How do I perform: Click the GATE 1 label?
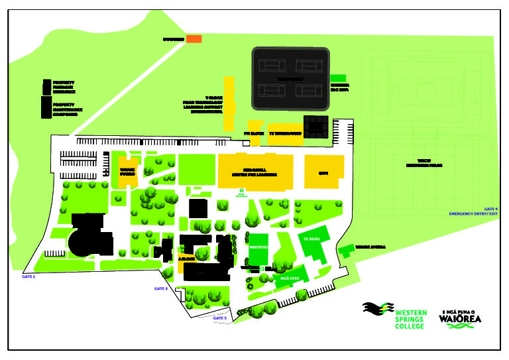(x=28, y=276)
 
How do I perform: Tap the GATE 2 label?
(x=161, y=288)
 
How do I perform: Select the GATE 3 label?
(x=220, y=318)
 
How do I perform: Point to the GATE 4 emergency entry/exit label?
(x=473, y=211)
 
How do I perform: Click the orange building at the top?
(x=194, y=39)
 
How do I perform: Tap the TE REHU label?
(x=311, y=238)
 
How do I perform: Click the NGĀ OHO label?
(x=290, y=279)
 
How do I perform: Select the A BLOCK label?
(x=186, y=259)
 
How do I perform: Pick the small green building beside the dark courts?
(x=338, y=78)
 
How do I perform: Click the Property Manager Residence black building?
(x=46, y=87)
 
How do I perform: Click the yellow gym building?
(x=324, y=172)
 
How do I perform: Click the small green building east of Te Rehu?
(x=345, y=251)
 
